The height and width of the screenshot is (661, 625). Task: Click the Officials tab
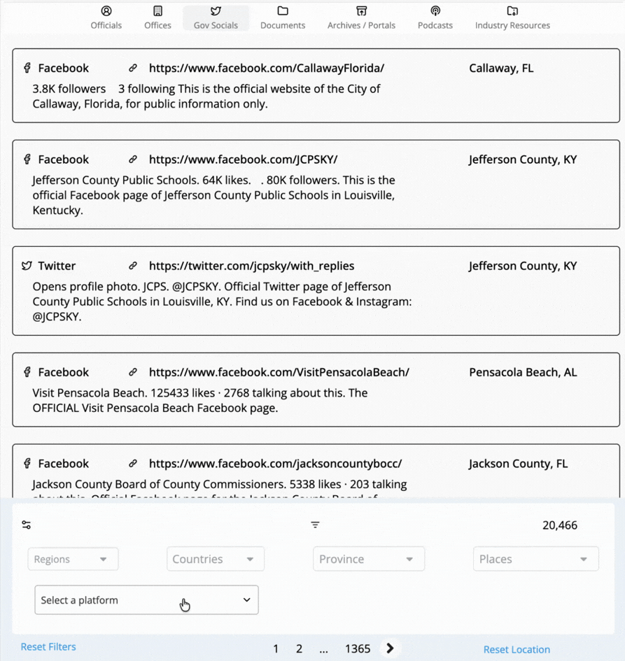106,17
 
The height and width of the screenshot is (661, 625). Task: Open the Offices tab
157,17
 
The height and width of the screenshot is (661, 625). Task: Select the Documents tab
283,17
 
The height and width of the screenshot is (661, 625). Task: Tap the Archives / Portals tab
361,17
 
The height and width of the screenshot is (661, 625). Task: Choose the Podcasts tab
435,17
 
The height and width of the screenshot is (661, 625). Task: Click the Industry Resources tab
512,17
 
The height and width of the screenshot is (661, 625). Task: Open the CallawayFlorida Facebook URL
267,68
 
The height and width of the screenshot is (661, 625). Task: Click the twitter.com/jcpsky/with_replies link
251,266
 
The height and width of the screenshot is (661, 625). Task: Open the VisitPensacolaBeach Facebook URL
279,372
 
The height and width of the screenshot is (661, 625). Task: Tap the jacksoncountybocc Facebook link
275,463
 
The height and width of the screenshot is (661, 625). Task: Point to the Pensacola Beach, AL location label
523,372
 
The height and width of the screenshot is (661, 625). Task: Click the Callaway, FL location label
501,68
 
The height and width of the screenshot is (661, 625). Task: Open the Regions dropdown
73,559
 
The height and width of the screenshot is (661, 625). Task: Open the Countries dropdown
215,559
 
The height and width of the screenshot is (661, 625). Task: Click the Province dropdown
368,559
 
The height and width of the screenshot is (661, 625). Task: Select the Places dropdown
535,559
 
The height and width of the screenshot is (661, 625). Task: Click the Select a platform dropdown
146,600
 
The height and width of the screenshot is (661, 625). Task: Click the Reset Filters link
48,647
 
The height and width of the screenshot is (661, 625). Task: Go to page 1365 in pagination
357,649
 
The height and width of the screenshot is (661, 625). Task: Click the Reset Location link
517,650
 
